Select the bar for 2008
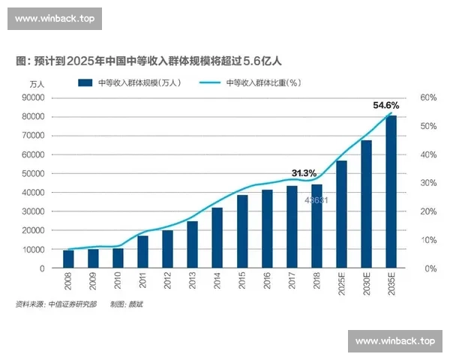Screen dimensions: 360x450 pos(68,259)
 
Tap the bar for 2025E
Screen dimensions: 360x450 pos(341,214)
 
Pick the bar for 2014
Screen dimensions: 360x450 pos(217,238)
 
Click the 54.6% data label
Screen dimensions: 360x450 pos(386,106)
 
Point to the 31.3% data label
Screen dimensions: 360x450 pos(304,173)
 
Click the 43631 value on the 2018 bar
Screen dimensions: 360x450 pos(316,200)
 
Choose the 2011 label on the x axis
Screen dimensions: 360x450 pos(142,283)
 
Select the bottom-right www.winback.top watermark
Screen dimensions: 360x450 pos(395,340)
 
